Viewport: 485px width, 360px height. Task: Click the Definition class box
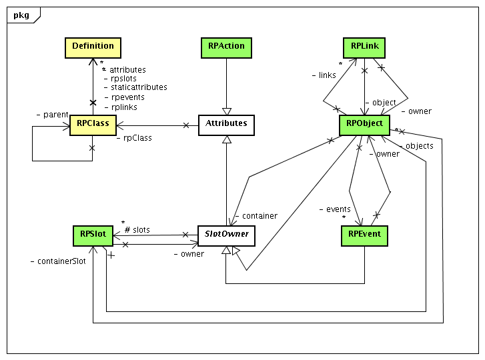click(x=93, y=47)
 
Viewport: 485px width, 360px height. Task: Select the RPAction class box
click(x=227, y=47)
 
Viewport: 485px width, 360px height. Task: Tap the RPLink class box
click(x=364, y=47)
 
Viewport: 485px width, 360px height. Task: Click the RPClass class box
click(x=93, y=123)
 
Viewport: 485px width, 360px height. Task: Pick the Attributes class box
click(x=227, y=123)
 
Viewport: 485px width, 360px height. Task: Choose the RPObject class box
click(x=364, y=123)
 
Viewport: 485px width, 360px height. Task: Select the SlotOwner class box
click(x=227, y=235)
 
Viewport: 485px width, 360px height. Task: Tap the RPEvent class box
click(x=364, y=235)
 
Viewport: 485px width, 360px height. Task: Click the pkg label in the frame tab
click(x=21, y=14)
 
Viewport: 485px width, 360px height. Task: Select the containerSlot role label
click(x=58, y=261)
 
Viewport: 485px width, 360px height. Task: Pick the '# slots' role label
click(x=137, y=230)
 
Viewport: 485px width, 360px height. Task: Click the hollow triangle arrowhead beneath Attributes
click(x=227, y=139)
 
